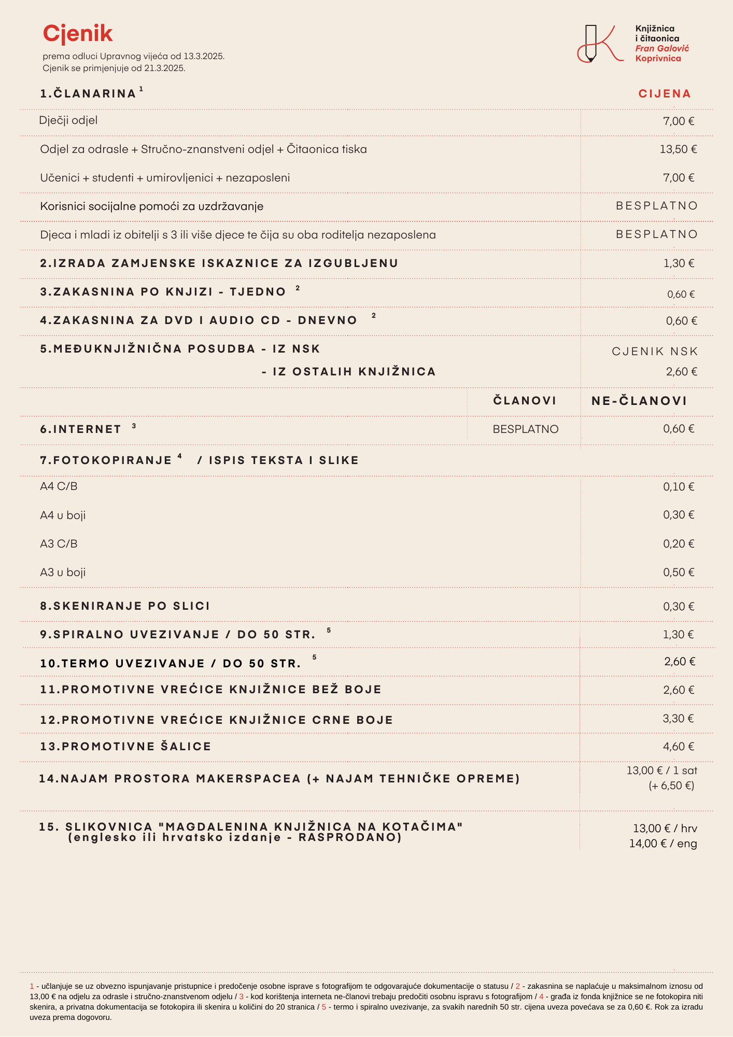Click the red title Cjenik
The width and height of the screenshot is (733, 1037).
coord(78,34)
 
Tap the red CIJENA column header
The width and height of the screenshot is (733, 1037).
coord(665,94)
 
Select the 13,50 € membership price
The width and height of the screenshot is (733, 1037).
coord(678,149)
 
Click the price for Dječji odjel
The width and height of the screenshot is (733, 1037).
coord(679,121)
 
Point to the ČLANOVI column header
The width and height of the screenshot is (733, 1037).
coord(525,401)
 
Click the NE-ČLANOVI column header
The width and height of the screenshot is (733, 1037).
coord(639,401)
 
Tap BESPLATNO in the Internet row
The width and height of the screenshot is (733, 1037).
coord(526,429)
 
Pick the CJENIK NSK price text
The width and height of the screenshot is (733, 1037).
coord(655,352)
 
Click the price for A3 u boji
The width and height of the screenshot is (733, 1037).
coord(679,572)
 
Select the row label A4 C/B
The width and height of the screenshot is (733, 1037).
coord(59,486)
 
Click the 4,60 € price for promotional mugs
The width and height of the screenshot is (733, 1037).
coord(678,747)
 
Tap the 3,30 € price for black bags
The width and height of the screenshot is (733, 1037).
coord(678,719)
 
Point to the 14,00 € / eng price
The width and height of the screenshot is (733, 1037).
coord(663,844)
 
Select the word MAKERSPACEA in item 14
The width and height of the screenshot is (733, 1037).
coord(248,779)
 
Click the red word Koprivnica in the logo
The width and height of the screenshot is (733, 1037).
coord(658,59)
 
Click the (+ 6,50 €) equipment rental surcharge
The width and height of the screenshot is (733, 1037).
coord(671,786)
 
